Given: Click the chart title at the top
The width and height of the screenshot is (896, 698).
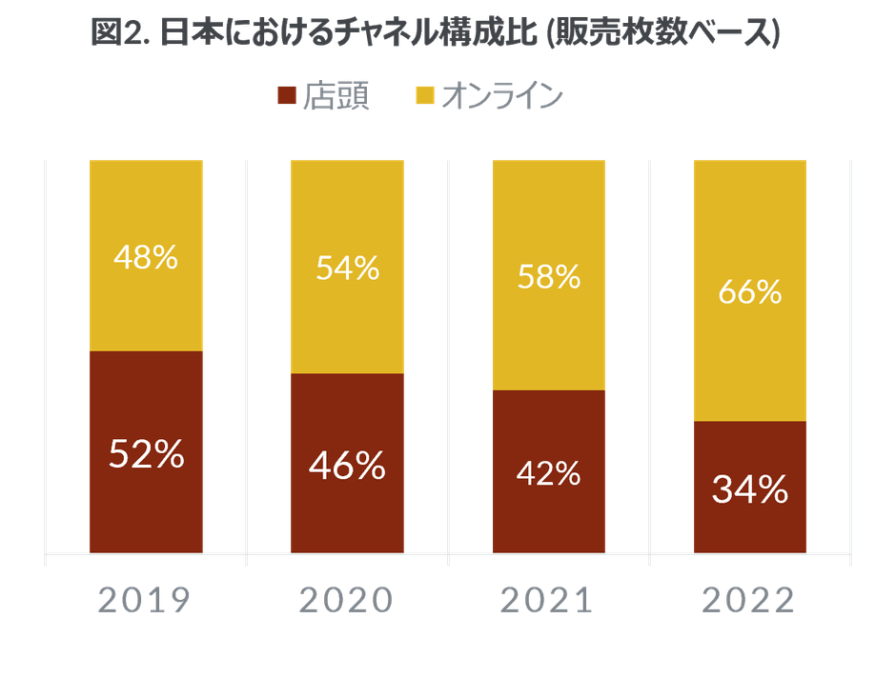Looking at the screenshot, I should (435, 34).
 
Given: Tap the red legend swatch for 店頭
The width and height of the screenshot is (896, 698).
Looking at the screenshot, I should (285, 95).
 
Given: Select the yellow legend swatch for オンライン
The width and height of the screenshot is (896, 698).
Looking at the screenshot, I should (424, 95).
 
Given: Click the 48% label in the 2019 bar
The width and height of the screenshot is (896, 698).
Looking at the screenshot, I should (146, 257).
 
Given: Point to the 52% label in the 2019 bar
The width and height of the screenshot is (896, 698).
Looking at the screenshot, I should (146, 455).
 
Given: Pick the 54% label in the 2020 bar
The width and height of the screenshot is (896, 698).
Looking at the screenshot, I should (348, 269).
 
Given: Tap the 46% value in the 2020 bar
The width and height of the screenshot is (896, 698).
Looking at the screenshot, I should (348, 467).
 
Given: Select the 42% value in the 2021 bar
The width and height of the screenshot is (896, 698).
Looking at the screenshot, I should (549, 473).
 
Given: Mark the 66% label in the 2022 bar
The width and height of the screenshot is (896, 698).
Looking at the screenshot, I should (750, 292).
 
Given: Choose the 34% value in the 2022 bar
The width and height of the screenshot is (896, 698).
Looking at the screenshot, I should (750, 490).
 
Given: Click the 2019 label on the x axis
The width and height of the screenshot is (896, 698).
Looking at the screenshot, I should (146, 600).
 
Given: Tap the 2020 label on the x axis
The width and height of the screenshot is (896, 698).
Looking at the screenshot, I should (347, 600).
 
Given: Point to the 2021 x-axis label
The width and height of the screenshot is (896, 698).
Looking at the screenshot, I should (548, 600).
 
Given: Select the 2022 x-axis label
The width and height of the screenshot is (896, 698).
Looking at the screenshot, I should (749, 600).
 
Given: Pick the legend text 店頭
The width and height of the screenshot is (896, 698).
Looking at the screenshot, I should (335, 96).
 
